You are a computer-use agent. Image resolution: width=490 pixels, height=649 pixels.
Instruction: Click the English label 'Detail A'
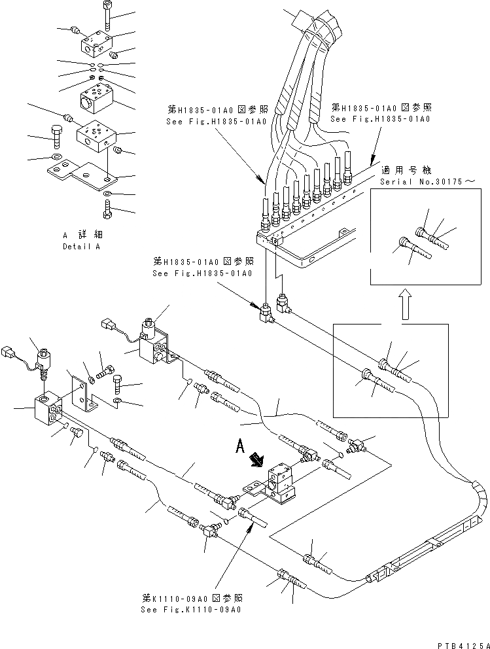82,247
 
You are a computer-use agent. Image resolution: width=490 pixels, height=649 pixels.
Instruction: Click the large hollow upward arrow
406,304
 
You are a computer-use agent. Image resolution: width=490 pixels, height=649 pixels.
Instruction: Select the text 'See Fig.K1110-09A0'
191,610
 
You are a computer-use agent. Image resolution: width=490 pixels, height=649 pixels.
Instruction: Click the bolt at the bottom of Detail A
108,209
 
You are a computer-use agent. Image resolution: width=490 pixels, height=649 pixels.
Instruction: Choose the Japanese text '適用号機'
414,167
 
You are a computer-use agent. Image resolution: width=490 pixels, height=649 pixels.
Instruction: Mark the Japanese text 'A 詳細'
82,234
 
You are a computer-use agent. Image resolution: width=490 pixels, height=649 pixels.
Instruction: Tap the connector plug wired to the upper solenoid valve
109,324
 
